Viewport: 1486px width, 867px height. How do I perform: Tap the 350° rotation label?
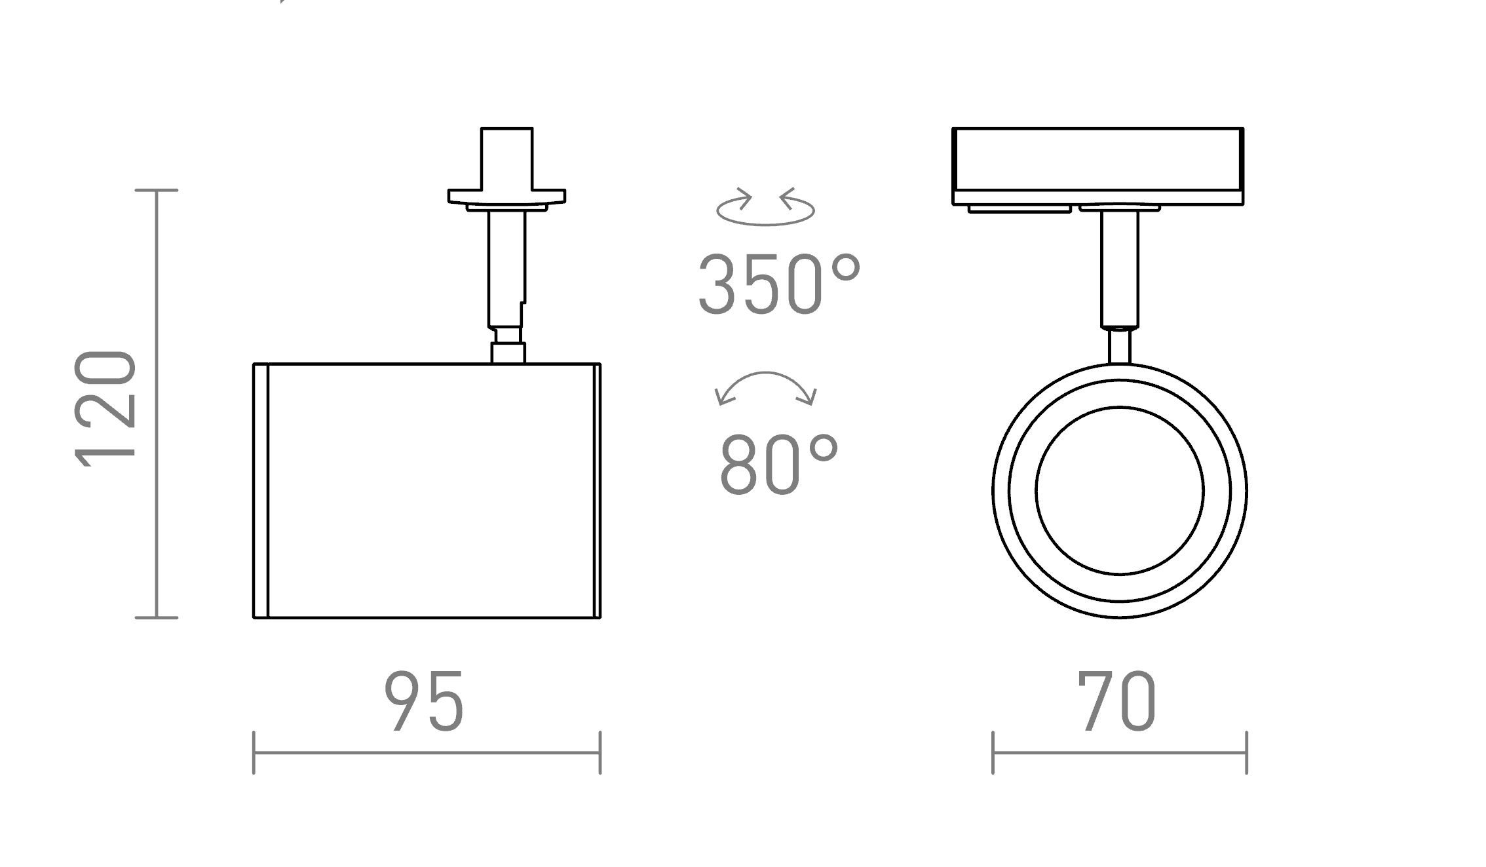point(778,286)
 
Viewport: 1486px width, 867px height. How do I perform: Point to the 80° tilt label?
point(778,465)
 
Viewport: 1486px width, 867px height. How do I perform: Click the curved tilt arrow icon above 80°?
point(765,388)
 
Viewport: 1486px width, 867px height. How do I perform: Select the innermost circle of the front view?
point(1119,490)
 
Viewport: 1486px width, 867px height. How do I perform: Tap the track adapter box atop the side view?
point(506,159)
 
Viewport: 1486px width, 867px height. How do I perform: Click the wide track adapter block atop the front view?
point(1097,160)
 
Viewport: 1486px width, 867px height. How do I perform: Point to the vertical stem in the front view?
point(1119,269)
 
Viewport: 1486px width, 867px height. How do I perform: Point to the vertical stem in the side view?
point(506,269)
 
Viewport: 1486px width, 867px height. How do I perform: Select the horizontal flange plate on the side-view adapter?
point(506,196)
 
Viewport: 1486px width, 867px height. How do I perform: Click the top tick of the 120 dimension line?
point(156,190)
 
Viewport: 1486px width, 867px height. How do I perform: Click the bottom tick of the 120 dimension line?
point(156,617)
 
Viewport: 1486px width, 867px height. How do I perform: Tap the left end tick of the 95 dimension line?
point(254,753)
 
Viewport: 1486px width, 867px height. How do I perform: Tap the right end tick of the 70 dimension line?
point(1246,753)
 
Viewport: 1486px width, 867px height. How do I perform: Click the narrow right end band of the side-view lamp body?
point(597,490)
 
